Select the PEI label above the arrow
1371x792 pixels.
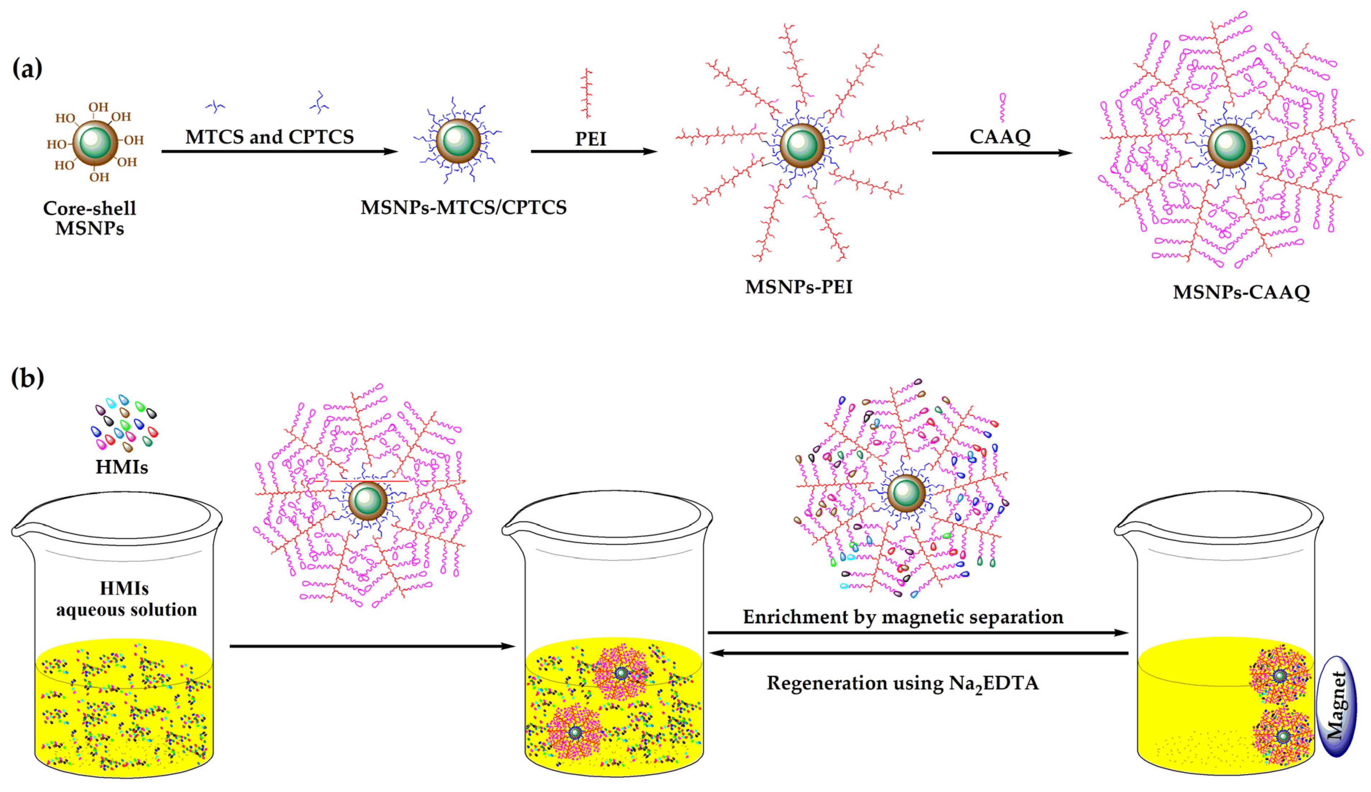(x=590, y=139)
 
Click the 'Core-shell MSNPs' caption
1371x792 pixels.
(x=90, y=218)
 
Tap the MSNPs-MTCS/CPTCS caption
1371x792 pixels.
(x=463, y=207)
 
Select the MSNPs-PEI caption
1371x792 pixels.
(x=798, y=287)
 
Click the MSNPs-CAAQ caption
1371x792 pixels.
(x=1241, y=292)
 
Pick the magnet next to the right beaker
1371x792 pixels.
(x=1336, y=706)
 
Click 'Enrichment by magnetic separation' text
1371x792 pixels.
(x=903, y=617)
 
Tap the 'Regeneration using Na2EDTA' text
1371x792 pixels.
(x=903, y=683)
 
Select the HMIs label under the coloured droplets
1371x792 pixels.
(x=122, y=467)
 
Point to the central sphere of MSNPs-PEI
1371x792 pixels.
(x=802, y=145)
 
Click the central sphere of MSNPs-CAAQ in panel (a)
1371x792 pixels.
(x=1230, y=146)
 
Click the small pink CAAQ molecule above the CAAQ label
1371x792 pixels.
(x=1002, y=107)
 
